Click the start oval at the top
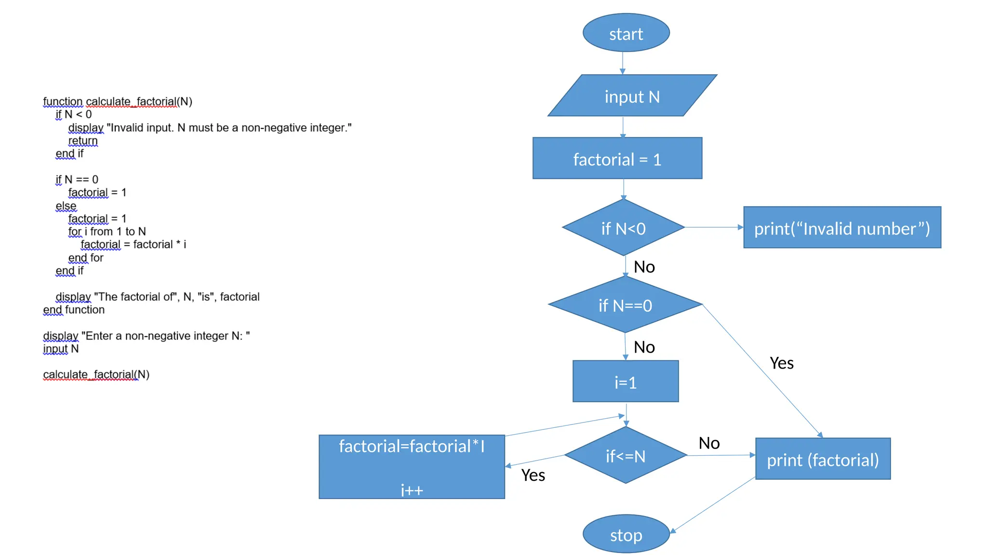[x=626, y=33]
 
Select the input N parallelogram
[x=632, y=96]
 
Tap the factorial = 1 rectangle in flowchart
[x=617, y=159]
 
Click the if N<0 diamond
[x=623, y=228]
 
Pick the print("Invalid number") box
[x=841, y=228]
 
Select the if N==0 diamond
[x=625, y=305]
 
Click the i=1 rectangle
[x=625, y=382]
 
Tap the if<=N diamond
[x=625, y=455]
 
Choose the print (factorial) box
[x=822, y=459]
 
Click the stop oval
[x=626, y=534]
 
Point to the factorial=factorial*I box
[x=412, y=466]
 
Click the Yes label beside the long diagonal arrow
[x=781, y=363]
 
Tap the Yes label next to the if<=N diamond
[x=533, y=475]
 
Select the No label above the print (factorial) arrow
[x=709, y=443]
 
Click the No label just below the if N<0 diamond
[x=644, y=266]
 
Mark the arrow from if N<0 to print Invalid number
[x=713, y=227]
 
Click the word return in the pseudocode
[x=83, y=141]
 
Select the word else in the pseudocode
[x=66, y=206]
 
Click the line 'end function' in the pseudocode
[x=74, y=310]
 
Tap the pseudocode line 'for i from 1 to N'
[x=107, y=232]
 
